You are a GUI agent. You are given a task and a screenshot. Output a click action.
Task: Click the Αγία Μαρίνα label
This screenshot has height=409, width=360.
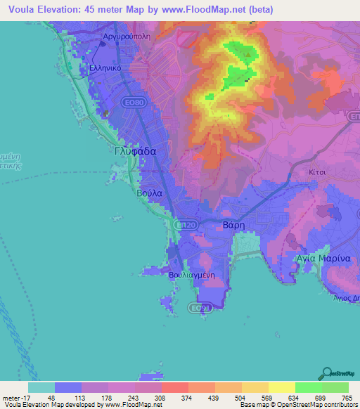(323, 258)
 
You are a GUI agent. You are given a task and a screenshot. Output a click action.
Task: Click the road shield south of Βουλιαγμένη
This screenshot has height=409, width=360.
(200, 307)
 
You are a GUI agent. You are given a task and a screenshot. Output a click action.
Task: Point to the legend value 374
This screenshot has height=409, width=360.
(174, 397)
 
